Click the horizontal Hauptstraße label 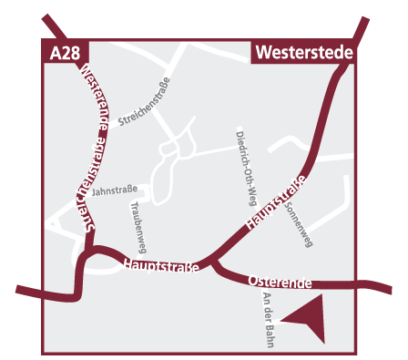click(159, 265)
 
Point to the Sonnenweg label click(300, 221)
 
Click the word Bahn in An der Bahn click(269, 333)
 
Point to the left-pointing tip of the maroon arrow click(281, 319)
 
